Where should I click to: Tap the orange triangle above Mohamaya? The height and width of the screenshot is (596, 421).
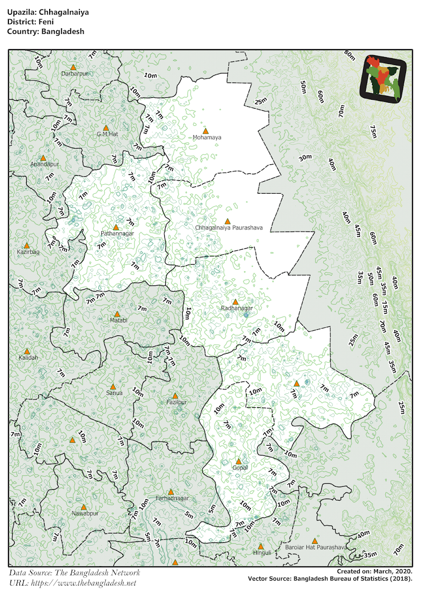coord(206,131)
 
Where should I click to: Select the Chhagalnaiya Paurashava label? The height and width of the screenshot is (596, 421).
coord(228,228)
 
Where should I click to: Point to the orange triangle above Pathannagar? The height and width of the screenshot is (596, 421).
coord(116,227)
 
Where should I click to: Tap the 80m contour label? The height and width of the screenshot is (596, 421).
coord(350,56)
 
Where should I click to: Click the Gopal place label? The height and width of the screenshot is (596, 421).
coord(240,468)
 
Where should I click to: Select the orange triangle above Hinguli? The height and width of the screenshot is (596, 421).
coord(261,546)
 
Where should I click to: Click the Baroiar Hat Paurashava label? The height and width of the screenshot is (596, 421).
coord(316,547)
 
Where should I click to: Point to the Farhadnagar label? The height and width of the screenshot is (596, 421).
coord(172,498)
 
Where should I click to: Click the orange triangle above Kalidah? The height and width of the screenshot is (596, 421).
coord(27,351)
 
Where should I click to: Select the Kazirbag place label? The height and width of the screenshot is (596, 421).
coord(27,252)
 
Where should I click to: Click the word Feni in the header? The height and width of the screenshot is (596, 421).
coord(45,22)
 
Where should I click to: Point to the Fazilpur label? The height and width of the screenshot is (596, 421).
coord(177,402)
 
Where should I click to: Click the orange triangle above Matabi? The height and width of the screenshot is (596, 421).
coord(117,314)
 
